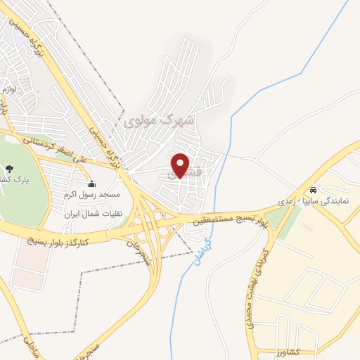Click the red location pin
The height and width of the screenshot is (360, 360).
point(180,165)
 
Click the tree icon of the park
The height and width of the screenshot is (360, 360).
point(10,169)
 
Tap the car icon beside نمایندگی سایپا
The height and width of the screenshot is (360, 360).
point(312,190)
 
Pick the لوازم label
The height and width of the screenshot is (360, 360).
point(9,89)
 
